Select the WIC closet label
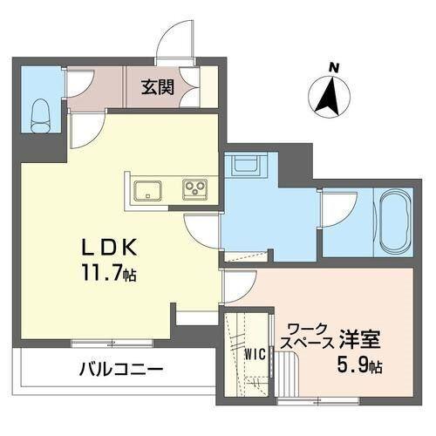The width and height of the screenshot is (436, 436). pyautogui.click(x=255, y=355)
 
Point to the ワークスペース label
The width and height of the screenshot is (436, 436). pyautogui.click(x=304, y=336)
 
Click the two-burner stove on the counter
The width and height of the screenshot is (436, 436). pyautogui.click(x=194, y=188)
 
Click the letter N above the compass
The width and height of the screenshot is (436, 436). pyautogui.click(x=331, y=65)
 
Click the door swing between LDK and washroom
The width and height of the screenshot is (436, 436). pyautogui.click(x=202, y=228)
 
